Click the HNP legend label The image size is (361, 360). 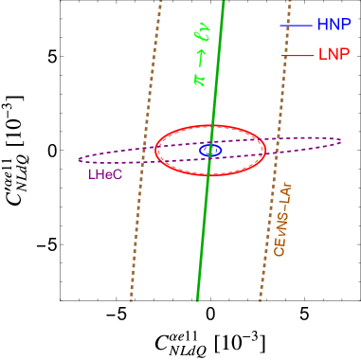(334, 25)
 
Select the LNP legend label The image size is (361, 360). (334, 55)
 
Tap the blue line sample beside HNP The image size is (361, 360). (297, 25)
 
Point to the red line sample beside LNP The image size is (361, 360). (297, 55)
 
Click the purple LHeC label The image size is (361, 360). (105, 174)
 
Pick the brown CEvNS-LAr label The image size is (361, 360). (282, 220)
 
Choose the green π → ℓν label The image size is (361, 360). (201, 57)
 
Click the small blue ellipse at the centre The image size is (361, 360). (210, 150)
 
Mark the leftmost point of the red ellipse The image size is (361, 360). (155, 151)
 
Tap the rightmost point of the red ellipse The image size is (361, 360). (266, 150)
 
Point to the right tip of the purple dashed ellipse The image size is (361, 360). (340, 141)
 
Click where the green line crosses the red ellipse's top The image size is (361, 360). (213, 125)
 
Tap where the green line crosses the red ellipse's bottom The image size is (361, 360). (208, 176)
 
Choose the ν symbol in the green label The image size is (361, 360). (201, 35)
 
